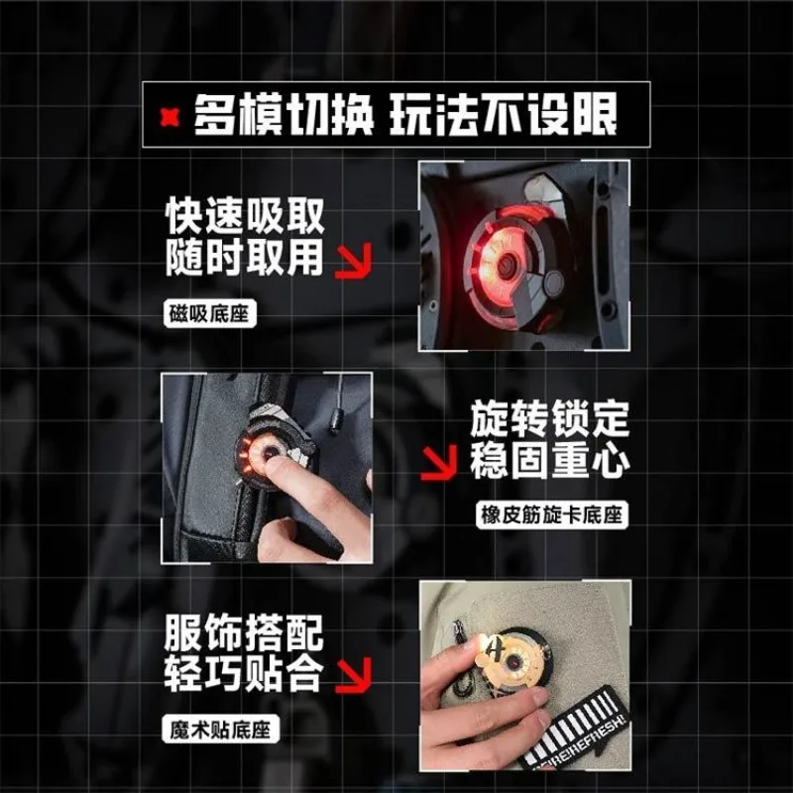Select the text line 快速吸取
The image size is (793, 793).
point(245,217)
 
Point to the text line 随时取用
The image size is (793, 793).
point(245,258)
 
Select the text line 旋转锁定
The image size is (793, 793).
point(550,422)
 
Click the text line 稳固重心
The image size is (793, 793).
point(550,463)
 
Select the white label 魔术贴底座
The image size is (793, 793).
point(218,732)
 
